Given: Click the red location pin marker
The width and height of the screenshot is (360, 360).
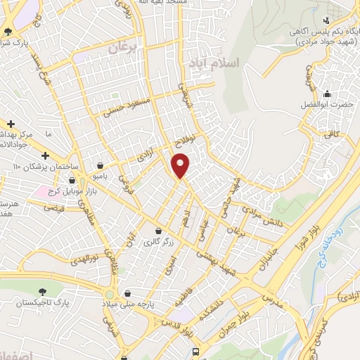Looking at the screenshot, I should coord(181,166).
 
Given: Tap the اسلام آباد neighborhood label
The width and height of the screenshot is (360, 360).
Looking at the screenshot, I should coord(214,63).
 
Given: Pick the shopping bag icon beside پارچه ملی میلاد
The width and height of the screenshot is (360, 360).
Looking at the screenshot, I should coord(127,292).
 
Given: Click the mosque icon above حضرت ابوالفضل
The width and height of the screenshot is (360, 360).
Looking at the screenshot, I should coord(327,94).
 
